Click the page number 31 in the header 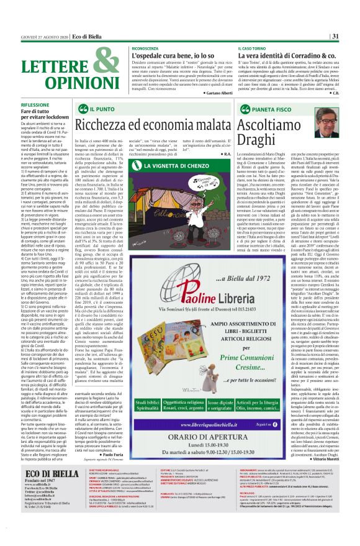tap(351, 37)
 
